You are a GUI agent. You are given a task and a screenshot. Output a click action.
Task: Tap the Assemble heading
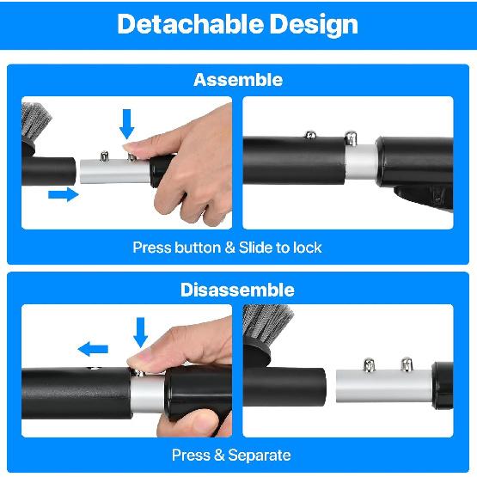(x=238, y=80)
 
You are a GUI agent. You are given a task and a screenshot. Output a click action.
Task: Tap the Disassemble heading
(x=238, y=290)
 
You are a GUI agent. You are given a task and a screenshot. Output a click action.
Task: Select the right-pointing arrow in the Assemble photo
(x=63, y=195)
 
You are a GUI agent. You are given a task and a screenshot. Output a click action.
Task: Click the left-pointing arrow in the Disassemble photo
(x=93, y=348)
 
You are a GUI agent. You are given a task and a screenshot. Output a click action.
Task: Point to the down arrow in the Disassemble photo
(x=141, y=331)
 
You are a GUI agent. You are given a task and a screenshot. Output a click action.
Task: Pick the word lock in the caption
(x=307, y=248)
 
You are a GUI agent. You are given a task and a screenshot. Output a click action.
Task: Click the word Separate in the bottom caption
(x=258, y=455)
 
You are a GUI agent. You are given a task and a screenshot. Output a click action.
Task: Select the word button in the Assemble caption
(x=198, y=248)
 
